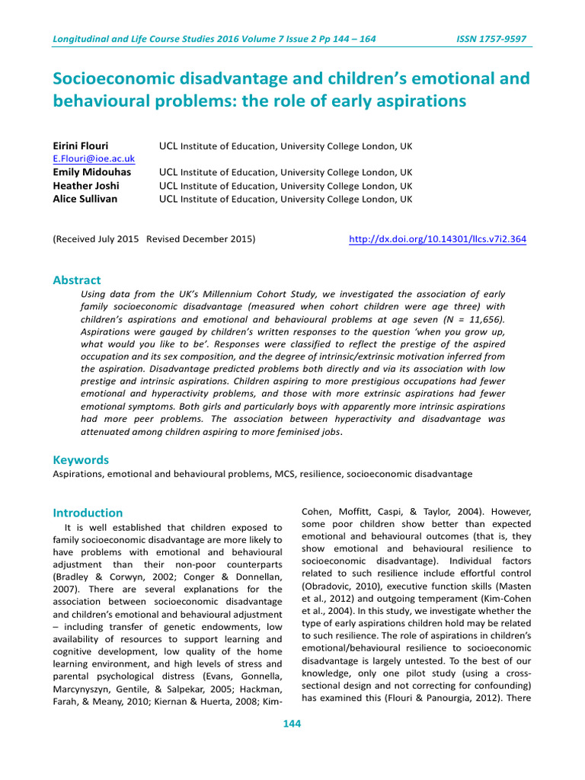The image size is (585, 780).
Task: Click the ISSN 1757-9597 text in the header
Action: [491, 39]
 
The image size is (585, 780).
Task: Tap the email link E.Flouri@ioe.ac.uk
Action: [93, 158]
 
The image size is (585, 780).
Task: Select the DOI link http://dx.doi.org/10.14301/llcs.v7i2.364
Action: [436, 239]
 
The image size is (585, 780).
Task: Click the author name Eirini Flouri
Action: [80, 145]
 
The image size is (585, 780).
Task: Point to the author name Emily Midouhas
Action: [91, 172]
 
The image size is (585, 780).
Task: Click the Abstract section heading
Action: [76, 280]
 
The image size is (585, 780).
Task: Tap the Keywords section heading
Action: [81, 460]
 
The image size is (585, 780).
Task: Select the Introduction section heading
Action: [87, 513]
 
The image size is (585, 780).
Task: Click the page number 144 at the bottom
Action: [292, 724]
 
